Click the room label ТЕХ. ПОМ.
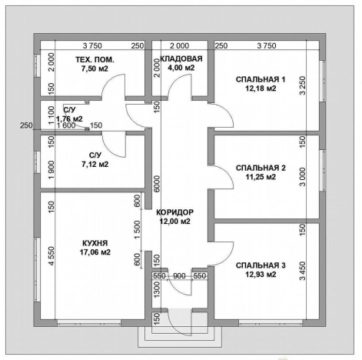pyautogui.click(x=95, y=60)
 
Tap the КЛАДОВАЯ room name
pyautogui.click(x=181, y=58)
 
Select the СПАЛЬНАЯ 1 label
pyautogui.click(x=261, y=79)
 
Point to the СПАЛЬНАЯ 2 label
pyautogui.click(x=261, y=168)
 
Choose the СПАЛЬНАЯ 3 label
pyautogui.click(x=261, y=265)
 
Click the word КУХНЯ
pyautogui.click(x=95, y=243)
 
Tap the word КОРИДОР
pyautogui.click(x=175, y=212)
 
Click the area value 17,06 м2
pyautogui.click(x=95, y=252)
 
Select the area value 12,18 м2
pyautogui.click(x=261, y=88)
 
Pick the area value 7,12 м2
pyautogui.click(x=95, y=164)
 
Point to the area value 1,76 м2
pyautogui.click(x=69, y=119)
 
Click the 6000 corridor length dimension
pyautogui.click(x=157, y=184)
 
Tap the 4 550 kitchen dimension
pyautogui.click(x=51, y=256)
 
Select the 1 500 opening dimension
pyautogui.click(x=138, y=229)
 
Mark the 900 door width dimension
pyautogui.click(x=179, y=276)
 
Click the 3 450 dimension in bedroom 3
pyautogui.click(x=303, y=271)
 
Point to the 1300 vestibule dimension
pyautogui.click(x=157, y=289)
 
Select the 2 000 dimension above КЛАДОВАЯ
pyautogui.click(x=180, y=46)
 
